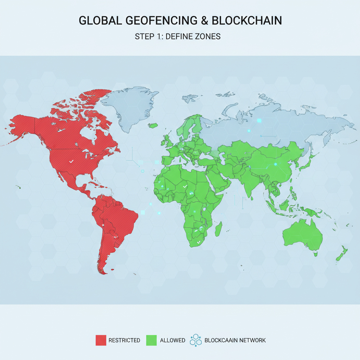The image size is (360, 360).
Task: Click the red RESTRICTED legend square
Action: (101, 340)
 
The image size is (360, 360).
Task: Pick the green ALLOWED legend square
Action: (151, 340)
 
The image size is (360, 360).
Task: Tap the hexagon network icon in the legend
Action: (195, 340)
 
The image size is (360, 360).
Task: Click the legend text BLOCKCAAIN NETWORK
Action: (235, 340)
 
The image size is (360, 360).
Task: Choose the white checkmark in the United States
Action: (71, 161)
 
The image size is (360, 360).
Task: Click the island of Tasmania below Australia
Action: (316, 253)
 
